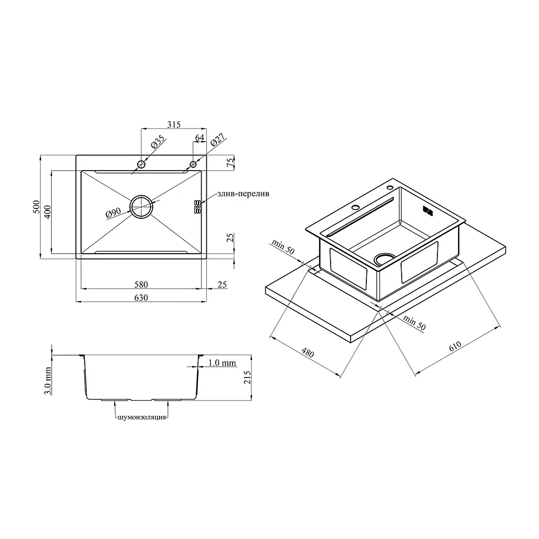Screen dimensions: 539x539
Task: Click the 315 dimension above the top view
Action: pos(174,124)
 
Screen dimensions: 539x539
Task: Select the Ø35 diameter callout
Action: pos(158,142)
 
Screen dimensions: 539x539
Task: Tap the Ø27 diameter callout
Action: pos(217,140)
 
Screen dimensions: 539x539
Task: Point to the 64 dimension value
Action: pos(199,137)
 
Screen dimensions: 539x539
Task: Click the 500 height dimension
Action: pos(36,207)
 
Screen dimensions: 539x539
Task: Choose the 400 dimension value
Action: pos(47,212)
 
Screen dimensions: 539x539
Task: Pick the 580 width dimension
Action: pos(141,285)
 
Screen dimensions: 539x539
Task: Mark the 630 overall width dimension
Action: pos(141,298)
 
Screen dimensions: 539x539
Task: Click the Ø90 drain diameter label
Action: pos(114,213)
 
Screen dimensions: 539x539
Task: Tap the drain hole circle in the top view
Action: pos(141,195)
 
